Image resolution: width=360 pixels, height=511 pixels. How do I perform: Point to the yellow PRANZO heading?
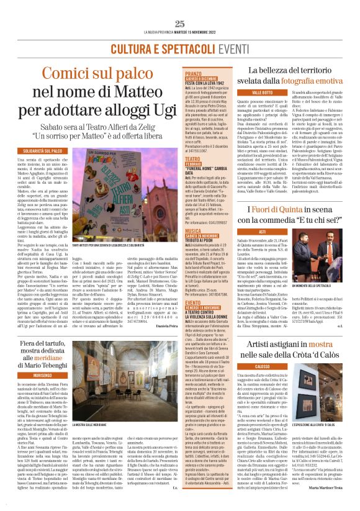(x=194, y=74)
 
